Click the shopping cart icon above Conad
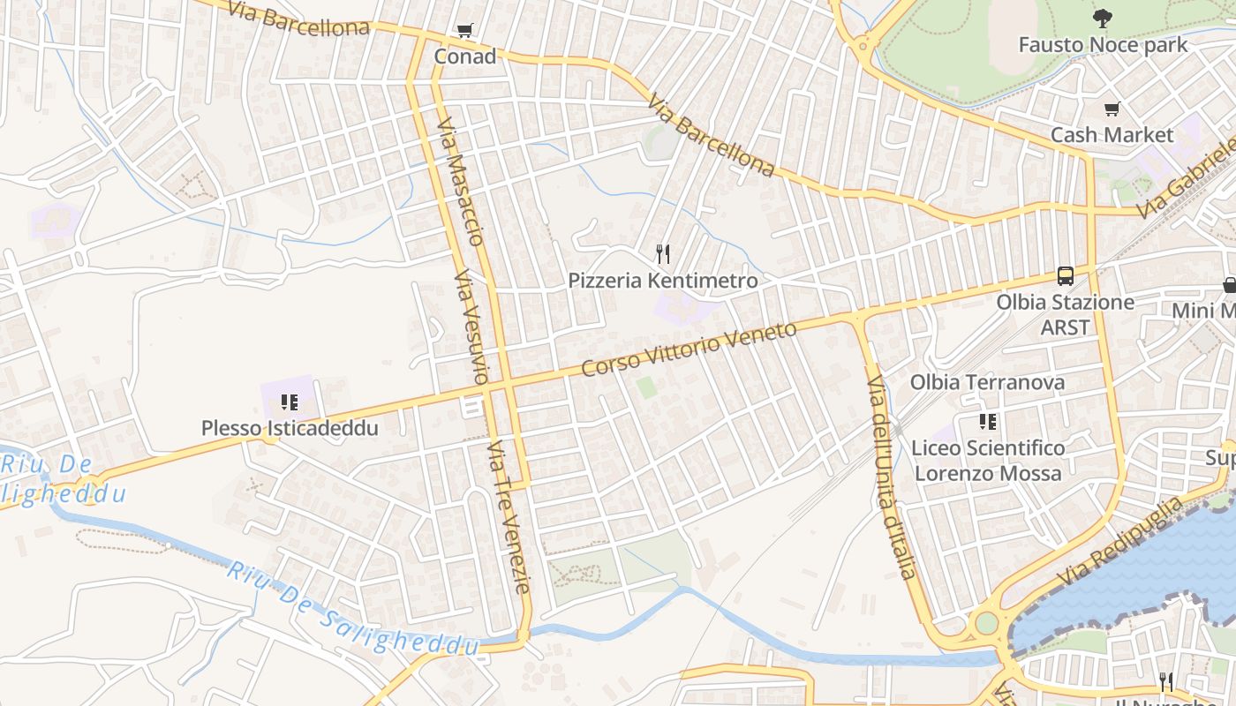465,31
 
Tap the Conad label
465,56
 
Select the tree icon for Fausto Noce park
1102,18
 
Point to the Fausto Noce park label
1103,44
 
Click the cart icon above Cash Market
1112,109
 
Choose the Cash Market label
1112,135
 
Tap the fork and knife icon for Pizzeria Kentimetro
663,254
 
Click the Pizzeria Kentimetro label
663,281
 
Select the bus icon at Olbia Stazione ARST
1066,276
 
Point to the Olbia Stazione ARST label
1066,314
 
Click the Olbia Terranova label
987,382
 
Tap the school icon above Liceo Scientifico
987,422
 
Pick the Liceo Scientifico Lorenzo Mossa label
988,461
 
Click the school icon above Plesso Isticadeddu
289,403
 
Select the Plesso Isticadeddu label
290,429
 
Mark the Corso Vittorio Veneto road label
689,349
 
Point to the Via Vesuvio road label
470,327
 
